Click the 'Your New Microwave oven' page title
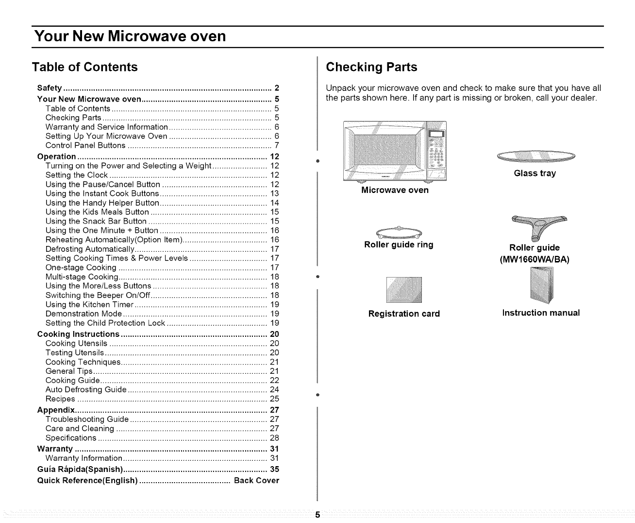[130, 36]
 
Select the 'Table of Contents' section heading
[85, 67]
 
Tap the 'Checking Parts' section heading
[371, 67]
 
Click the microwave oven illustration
[394, 151]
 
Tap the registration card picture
[404, 290]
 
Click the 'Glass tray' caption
[535, 174]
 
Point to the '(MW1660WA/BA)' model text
[534, 260]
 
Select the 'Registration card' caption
[404, 314]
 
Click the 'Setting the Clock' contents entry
[77, 175]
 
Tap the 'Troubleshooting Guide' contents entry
[87, 419]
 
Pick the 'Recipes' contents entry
[60, 399]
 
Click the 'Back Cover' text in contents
[256, 480]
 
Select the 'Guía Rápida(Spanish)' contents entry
[80, 469]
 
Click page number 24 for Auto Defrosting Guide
[274, 389]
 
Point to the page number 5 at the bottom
[317, 515]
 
